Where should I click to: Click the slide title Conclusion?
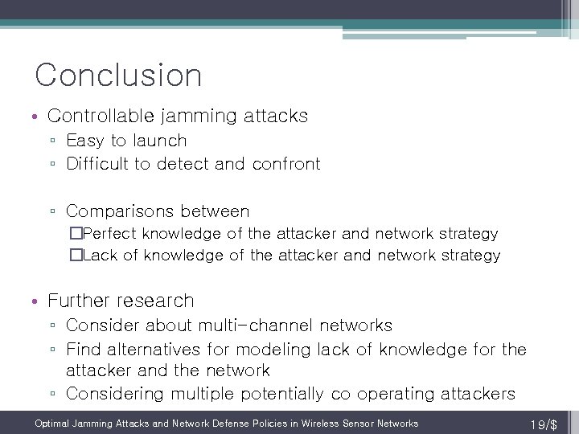point(118,76)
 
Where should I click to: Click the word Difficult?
point(97,164)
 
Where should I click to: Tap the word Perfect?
point(110,234)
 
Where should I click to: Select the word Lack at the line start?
point(100,256)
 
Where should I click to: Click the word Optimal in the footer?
point(52,424)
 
